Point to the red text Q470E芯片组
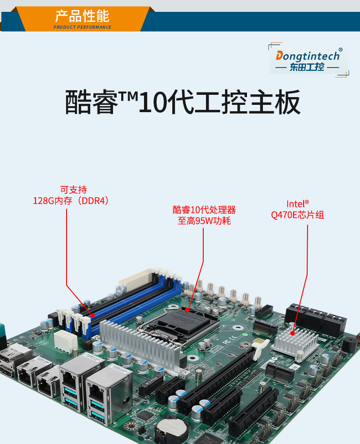pos(297,215)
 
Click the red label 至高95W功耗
pos(204,222)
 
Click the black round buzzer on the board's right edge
pos(350,344)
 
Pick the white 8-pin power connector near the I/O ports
pos(63,340)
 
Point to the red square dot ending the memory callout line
pos(93,315)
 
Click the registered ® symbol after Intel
pos(307,202)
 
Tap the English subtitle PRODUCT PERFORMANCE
pos(82,27)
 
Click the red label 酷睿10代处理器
pos(204,210)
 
